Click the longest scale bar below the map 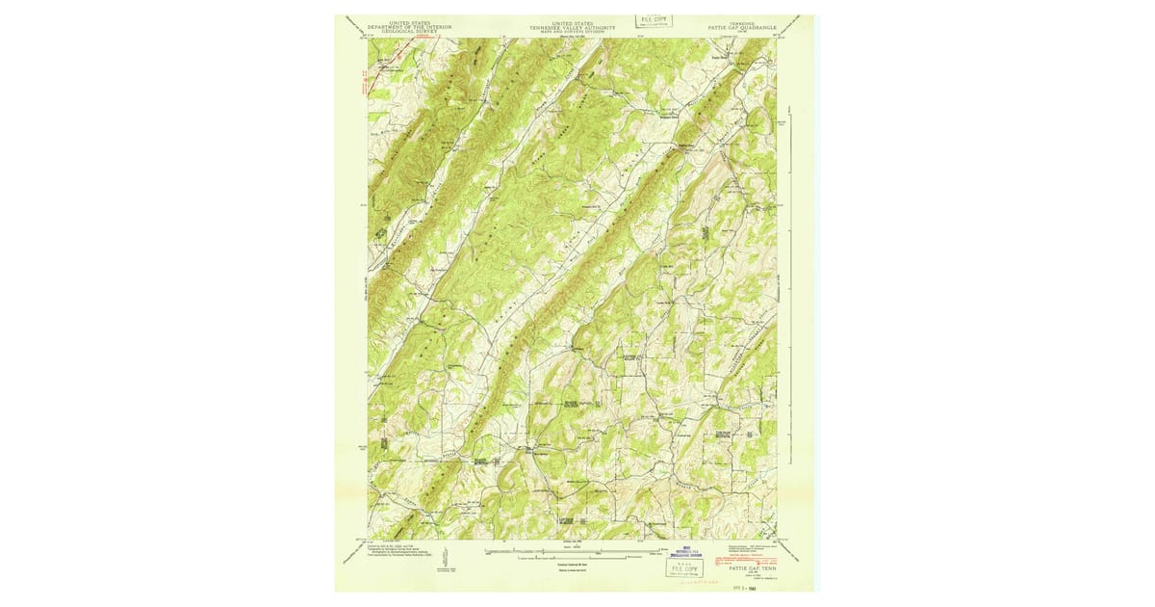577,552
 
